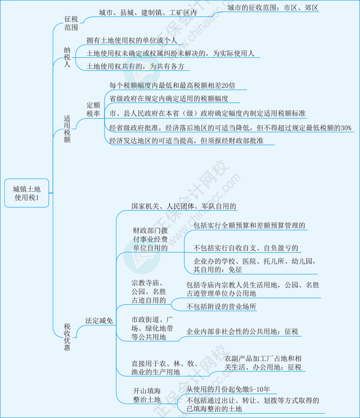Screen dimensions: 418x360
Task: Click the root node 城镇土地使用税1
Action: pyautogui.click(x=27, y=193)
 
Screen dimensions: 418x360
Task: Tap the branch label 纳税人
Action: pyautogui.click(x=67, y=56)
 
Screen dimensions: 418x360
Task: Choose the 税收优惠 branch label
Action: pyautogui.click(x=67, y=336)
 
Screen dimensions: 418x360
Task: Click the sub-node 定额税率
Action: pyautogui.click(x=93, y=109)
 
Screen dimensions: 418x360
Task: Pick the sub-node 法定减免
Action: pyautogui.click(x=99, y=321)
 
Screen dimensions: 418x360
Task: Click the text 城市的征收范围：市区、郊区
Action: pyautogui.click(x=273, y=8)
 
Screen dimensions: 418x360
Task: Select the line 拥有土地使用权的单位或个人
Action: pyautogui.click(x=132, y=41)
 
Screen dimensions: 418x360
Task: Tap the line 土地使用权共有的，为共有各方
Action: pyautogui.click(x=135, y=66)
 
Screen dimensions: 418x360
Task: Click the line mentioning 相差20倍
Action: pyautogui.click(x=172, y=85)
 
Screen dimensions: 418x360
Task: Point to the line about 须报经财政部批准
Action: pyautogui.click(x=185, y=141)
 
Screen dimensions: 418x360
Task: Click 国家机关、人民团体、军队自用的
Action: pyautogui.click(x=184, y=206)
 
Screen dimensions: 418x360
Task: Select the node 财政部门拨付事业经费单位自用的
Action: pyautogui.click(x=150, y=239)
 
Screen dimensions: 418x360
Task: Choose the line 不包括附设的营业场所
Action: pyautogui.click(x=221, y=307)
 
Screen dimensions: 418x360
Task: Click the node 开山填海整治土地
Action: pyautogui.click(x=147, y=395)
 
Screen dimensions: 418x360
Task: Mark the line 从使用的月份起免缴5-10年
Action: pyautogui.click(x=228, y=389)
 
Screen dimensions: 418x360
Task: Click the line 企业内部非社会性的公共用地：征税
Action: pyautogui.click(x=242, y=332)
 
